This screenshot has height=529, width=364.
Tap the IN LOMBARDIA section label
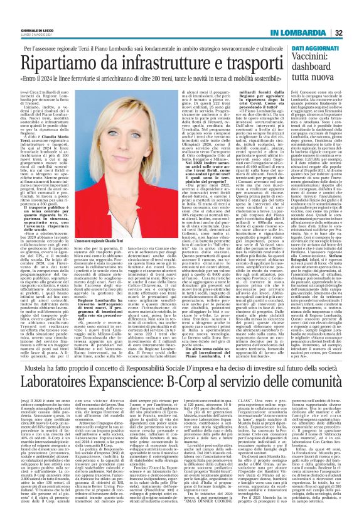[x=301, y=33]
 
